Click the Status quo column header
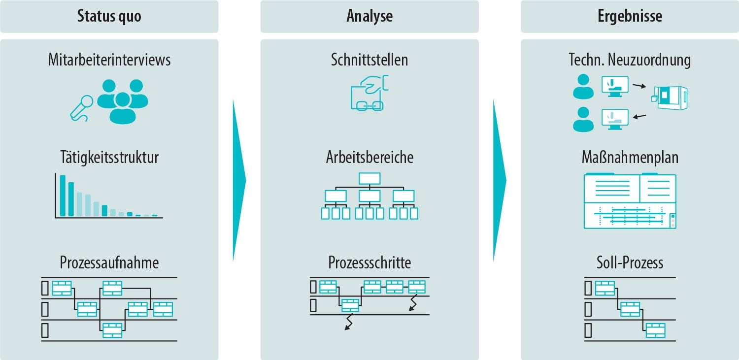[x=109, y=16]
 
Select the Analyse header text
[x=369, y=16]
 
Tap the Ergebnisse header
[x=630, y=16]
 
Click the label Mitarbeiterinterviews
[x=109, y=60]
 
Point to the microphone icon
[x=82, y=107]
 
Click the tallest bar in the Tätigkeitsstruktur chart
[x=63, y=196]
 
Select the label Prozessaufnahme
[x=109, y=262]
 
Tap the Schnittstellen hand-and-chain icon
[x=369, y=93]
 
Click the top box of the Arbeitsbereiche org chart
[x=369, y=178]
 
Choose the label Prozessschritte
[x=369, y=262]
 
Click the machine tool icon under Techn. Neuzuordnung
[x=670, y=97]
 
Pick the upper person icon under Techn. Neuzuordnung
[x=583, y=87]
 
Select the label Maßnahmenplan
[x=630, y=158]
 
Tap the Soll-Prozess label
[x=630, y=262]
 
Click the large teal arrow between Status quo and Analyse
[x=238, y=180]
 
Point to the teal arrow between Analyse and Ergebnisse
[x=499, y=180]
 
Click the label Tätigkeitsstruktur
[x=109, y=158]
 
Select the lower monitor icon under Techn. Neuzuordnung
[x=615, y=119]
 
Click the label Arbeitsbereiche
[x=369, y=158]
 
